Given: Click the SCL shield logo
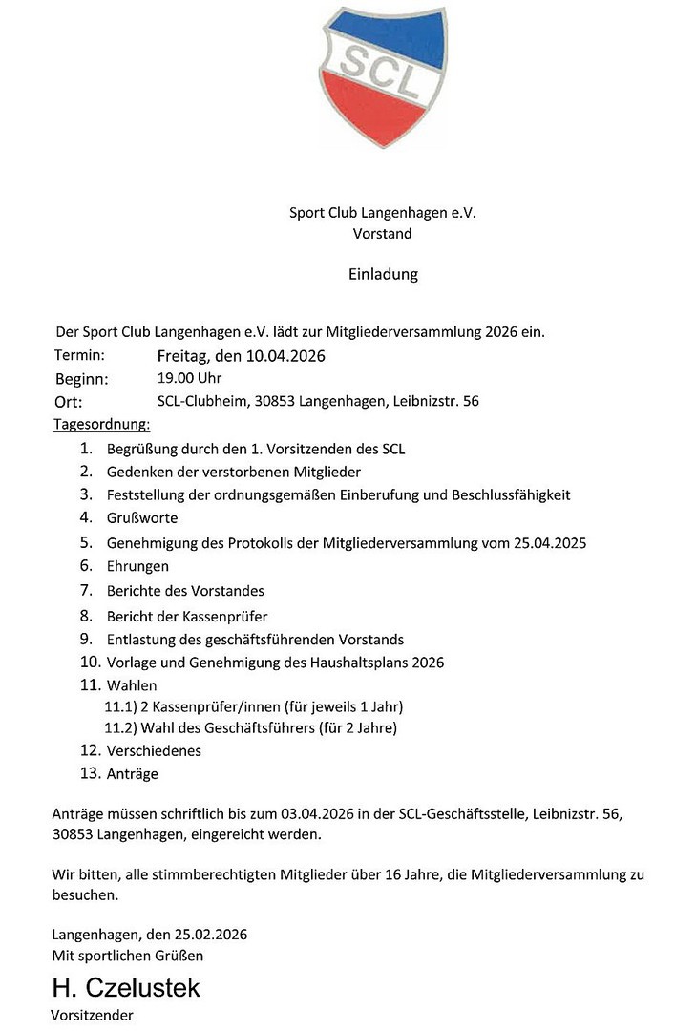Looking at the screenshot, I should tap(382, 74).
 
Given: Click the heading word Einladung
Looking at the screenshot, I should tap(382, 275).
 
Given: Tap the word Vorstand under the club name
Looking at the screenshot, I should tap(382, 233).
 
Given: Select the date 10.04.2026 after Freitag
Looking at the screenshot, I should tap(285, 357).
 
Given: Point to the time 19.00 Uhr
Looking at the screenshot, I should tap(189, 378).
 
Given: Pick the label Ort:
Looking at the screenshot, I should tap(69, 402).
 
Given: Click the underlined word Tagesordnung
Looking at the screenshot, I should tap(102, 423).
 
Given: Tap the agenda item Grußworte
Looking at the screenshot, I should tap(142, 518).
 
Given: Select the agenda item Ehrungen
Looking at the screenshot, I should tap(137, 566).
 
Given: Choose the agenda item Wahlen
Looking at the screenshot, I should tap(132, 685).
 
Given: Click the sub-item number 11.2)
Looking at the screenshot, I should tap(120, 728).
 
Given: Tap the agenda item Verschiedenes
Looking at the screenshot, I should tap(154, 751).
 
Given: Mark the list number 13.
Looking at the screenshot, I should tap(90, 773).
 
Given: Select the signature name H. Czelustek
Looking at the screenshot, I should tap(126, 987).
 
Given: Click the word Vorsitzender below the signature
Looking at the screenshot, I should tap(92, 1016).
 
